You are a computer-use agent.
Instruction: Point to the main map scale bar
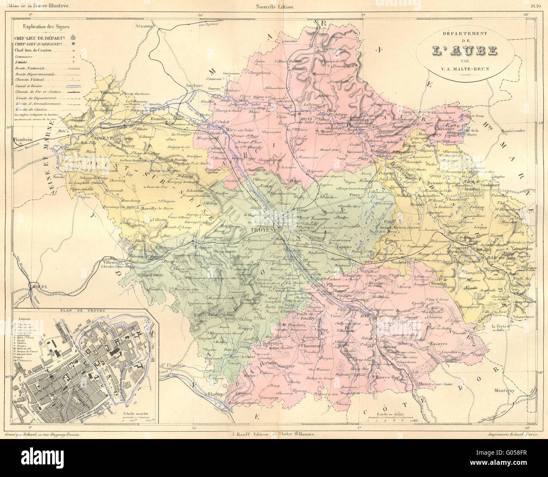click(x=386, y=420)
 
